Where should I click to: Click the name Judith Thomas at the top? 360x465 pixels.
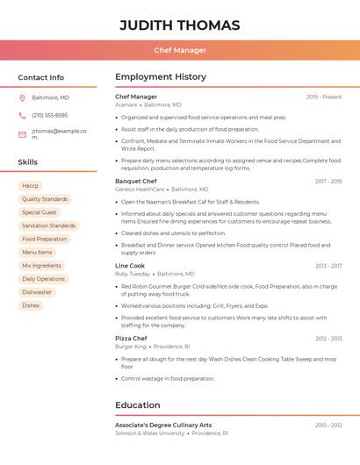click(180, 25)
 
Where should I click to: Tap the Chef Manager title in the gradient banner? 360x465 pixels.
click(180, 50)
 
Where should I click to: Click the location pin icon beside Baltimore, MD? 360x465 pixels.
click(22, 97)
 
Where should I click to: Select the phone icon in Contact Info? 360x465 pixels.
click(22, 115)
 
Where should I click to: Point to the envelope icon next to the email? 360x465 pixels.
click(22, 134)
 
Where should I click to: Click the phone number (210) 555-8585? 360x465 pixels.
click(49, 115)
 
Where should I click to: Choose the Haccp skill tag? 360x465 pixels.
click(31, 186)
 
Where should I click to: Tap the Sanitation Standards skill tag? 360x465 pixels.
click(48, 225)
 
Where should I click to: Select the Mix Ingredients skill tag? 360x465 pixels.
click(41, 265)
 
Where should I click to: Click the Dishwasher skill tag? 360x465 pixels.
click(37, 292)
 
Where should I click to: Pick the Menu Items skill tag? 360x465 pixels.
click(37, 252)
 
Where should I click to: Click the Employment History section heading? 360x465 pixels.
click(160, 77)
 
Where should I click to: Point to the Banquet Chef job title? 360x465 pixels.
click(135, 181)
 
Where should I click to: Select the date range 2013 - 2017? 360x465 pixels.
click(328, 266)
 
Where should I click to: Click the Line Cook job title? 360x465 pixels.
click(130, 265)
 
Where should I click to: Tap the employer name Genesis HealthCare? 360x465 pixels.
click(140, 190)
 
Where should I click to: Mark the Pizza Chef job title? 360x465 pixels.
click(131, 338)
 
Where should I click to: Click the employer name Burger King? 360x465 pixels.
click(131, 347)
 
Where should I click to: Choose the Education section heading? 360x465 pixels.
click(137, 405)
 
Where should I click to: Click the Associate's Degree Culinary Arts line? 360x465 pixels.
click(163, 425)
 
